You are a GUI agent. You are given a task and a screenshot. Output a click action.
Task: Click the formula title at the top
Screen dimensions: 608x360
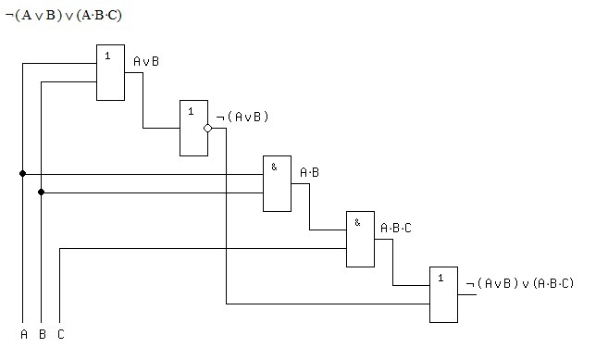[64, 16]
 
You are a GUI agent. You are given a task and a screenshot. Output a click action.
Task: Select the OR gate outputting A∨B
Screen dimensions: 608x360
[110, 72]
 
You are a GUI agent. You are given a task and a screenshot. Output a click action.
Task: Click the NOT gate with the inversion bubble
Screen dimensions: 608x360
[194, 128]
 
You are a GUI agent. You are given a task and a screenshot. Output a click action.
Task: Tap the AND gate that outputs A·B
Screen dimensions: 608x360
[278, 183]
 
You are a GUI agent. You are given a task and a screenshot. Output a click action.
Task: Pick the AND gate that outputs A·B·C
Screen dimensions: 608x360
[360, 239]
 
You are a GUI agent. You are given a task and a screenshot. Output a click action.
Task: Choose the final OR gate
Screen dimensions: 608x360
[443, 294]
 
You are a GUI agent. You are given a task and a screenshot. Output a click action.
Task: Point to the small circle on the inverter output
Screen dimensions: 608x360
[208, 128]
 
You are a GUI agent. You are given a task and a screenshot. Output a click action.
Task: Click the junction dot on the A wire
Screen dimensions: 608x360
[22, 173]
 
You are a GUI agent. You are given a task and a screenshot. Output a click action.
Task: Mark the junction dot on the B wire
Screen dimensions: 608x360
[41, 192]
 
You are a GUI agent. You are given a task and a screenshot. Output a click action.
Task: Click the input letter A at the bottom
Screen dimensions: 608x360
[24, 334]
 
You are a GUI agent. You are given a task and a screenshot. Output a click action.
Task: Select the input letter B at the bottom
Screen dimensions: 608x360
[43, 334]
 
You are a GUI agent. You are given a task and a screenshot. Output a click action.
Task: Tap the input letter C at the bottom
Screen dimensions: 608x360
[61, 334]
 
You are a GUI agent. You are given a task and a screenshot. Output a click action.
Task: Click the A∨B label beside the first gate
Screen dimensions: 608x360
[146, 61]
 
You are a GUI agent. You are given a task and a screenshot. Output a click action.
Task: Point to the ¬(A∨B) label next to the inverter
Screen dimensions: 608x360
[242, 117]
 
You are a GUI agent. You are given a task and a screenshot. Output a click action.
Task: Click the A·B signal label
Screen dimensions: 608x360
[310, 172]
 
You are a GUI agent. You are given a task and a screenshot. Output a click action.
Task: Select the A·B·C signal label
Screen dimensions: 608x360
[396, 228]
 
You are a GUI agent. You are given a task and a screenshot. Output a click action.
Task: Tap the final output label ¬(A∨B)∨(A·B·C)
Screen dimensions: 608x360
[519, 283]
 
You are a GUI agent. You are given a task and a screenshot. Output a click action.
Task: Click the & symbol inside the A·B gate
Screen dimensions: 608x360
[274, 167]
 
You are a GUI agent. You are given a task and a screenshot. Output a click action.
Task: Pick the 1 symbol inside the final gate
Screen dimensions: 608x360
[440, 278]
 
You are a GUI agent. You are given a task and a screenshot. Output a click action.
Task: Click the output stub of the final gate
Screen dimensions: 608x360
[467, 294]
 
